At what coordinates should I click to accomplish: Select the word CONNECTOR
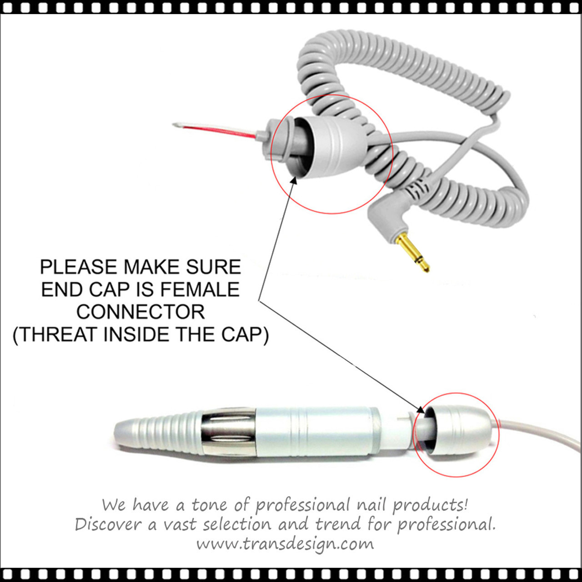click(x=140, y=312)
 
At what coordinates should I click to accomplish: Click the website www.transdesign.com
click(x=285, y=544)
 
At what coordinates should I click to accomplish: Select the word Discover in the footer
click(x=108, y=524)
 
